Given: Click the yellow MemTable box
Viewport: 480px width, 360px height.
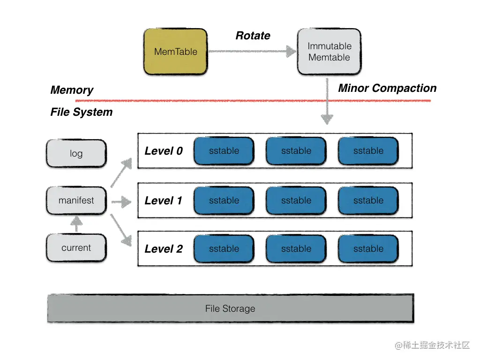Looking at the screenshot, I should (175, 52).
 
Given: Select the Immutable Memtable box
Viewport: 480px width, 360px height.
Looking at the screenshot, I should (329, 52).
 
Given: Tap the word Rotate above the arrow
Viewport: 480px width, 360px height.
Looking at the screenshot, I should (253, 36).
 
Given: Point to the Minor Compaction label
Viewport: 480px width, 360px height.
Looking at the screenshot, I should (387, 88).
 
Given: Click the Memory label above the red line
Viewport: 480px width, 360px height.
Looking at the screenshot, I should (72, 90).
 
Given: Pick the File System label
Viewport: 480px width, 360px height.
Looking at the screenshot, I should (82, 112).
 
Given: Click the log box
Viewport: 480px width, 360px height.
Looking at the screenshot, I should (76, 153).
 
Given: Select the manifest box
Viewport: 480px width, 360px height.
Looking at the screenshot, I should (76, 201).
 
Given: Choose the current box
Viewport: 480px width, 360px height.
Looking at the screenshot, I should (76, 248).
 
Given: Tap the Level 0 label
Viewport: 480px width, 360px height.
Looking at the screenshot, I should (164, 151).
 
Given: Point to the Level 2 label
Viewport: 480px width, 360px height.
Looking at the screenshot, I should (164, 249).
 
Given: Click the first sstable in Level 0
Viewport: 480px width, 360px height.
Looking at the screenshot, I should (224, 151).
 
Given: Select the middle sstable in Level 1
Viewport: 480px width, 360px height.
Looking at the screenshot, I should (296, 201).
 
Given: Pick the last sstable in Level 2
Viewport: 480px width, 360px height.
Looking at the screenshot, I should (368, 249).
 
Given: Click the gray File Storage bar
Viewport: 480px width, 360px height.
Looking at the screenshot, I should (230, 308).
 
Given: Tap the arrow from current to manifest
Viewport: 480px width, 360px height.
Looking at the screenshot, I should (76, 225).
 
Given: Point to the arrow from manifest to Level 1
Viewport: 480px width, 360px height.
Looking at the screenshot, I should (121, 202).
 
